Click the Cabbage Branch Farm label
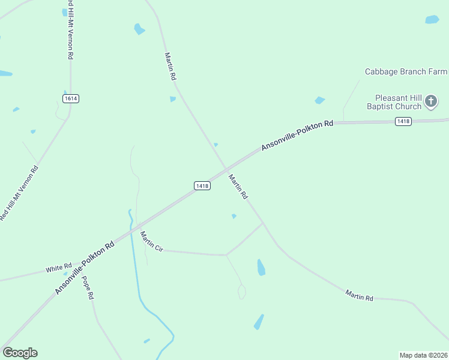pyautogui.click(x=406, y=72)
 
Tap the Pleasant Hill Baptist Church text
pyautogui.click(x=398, y=102)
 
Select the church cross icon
pyautogui.click(x=431, y=101)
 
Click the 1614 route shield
pyautogui.click(x=71, y=98)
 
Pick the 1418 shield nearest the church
pyautogui.click(x=403, y=121)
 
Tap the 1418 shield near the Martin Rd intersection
pyautogui.click(x=202, y=186)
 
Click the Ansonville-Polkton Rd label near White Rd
pyautogui.click(x=85, y=268)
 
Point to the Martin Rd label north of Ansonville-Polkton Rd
pyautogui.click(x=170, y=66)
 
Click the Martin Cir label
pyautogui.click(x=151, y=241)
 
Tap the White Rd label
pyautogui.click(x=59, y=268)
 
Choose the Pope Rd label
pyautogui.click(x=88, y=288)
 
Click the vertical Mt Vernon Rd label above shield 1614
pyautogui.click(x=70, y=34)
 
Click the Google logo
pyautogui.click(x=20, y=353)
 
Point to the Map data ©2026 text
pyautogui.click(x=423, y=355)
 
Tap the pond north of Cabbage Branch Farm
pyautogui.click(x=432, y=19)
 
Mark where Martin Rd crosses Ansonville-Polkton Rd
pyautogui.click(x=226, y=169)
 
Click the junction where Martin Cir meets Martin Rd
pyautogui.click(x=263, y=223)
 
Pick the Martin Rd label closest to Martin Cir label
pyautogui.click(x=237, y=187)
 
